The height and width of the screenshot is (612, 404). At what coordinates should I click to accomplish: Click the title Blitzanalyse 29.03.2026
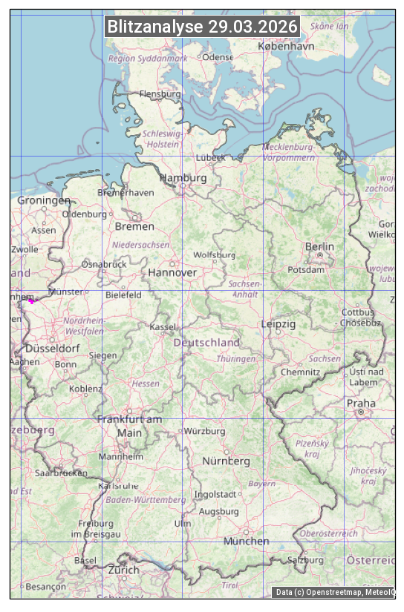tap(202, 27)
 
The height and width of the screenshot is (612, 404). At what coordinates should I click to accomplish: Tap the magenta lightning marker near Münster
tap(31, 300)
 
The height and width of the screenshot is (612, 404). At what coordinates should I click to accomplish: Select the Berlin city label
tap(319, 246)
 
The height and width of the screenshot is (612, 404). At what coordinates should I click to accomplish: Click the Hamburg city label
tap(183, 178)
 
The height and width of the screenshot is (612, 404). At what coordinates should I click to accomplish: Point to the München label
tap(246, 541)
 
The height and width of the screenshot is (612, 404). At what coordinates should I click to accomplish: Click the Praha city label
tap(360, 404)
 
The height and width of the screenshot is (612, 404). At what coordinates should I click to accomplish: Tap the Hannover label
tap(172, 272)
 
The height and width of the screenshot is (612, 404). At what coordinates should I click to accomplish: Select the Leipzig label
tap(278, 324)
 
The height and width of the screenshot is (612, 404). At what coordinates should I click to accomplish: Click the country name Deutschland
tap(206, 343)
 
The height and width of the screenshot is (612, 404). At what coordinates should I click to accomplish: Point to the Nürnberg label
tap(226, 461)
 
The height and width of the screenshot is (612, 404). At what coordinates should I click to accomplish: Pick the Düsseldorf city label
tap(52, 348)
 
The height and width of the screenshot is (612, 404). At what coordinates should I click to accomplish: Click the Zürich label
tap(123, 570)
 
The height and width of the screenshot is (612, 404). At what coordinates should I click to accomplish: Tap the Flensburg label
tap(160, 94)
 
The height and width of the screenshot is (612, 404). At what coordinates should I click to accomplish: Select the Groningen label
tap(44, 200)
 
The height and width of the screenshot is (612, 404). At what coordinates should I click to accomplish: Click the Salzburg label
tap(306, 560)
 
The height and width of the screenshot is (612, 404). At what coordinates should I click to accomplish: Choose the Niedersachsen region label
tap(140, 244)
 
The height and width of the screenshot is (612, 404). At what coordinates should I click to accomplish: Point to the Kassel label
tap(162, 326)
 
